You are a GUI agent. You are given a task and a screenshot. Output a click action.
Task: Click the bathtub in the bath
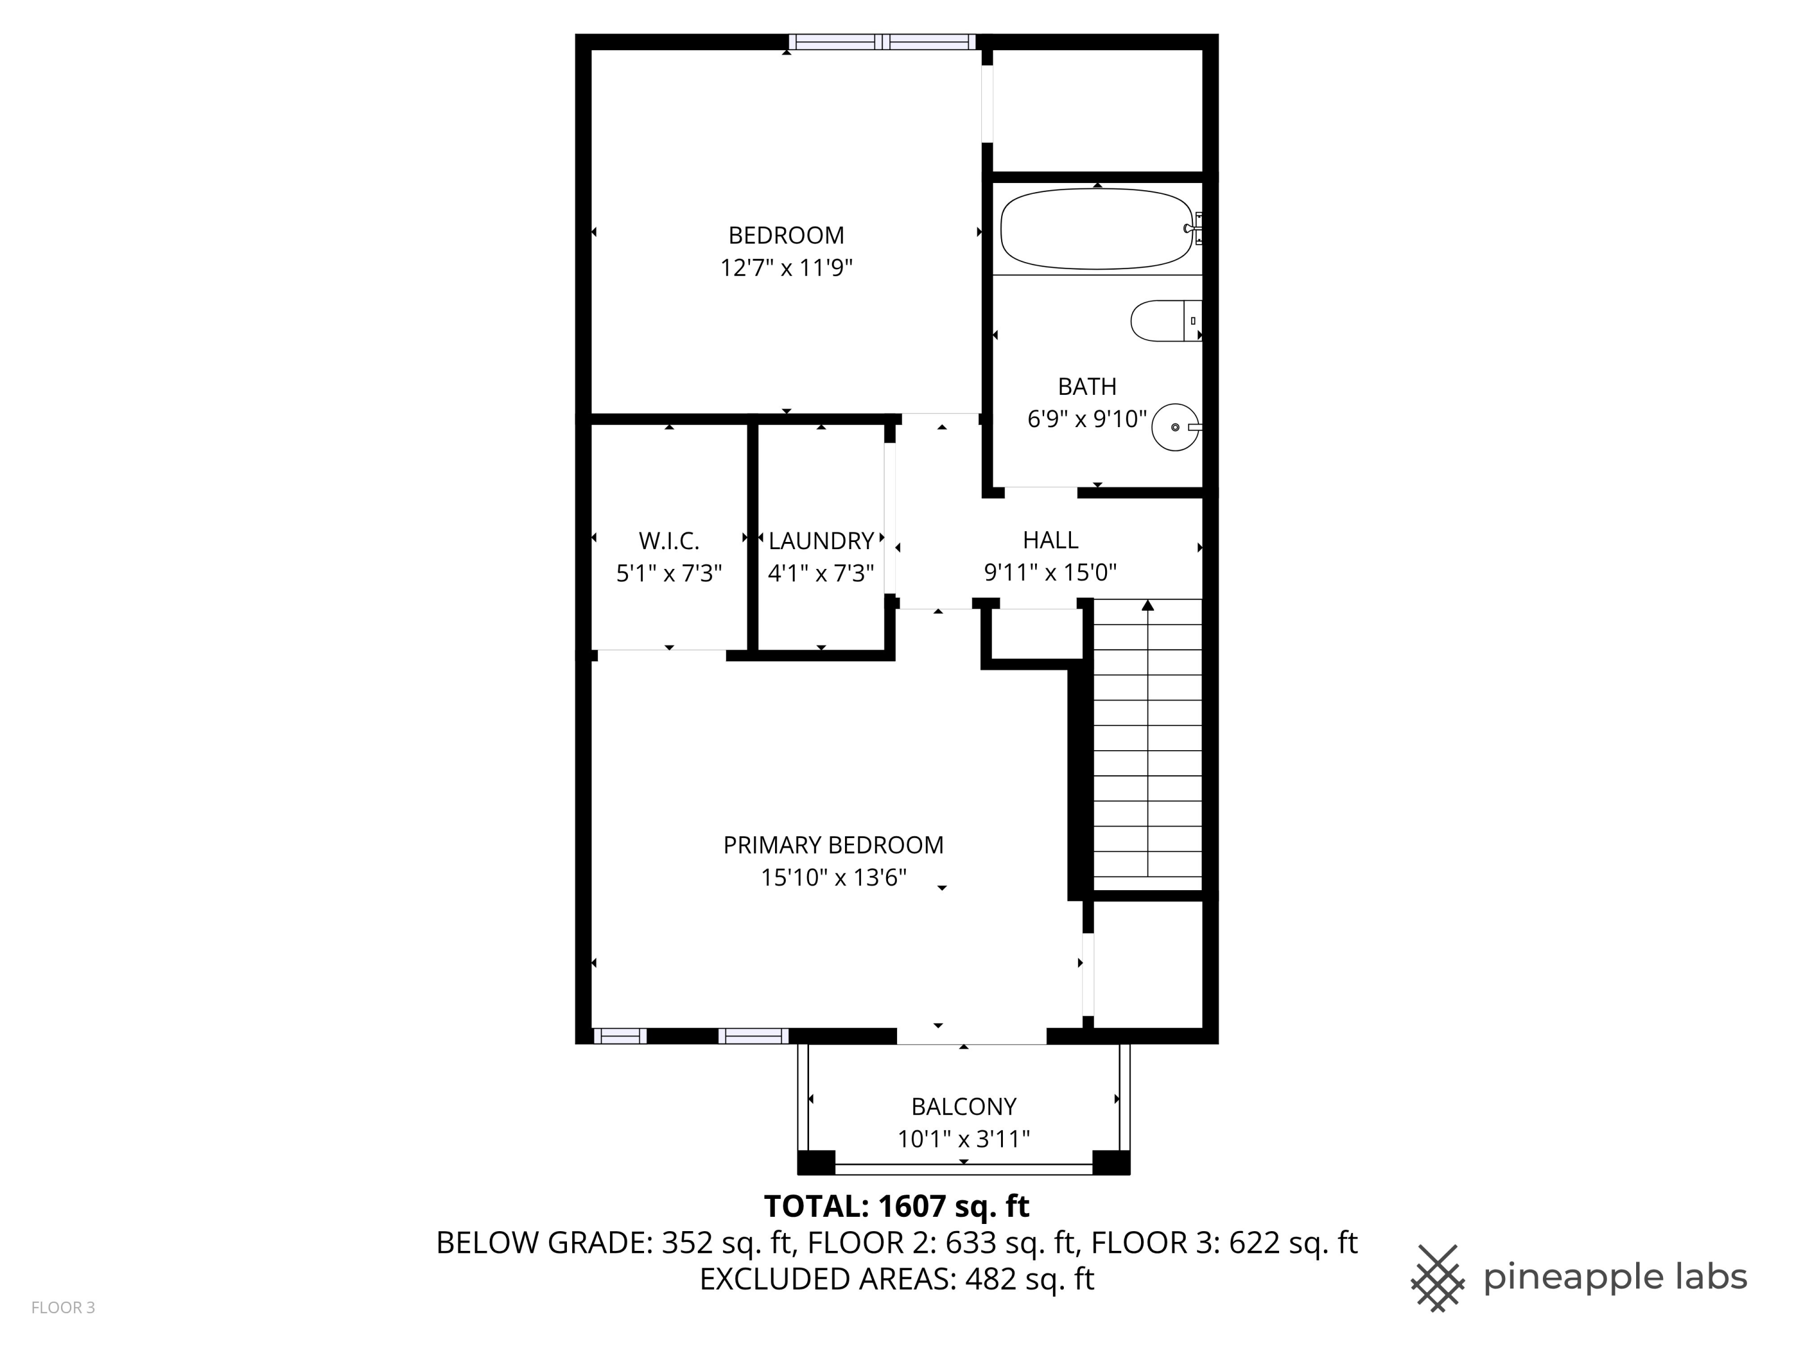coord(1095,229)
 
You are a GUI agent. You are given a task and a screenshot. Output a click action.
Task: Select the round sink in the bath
coord(1175,427)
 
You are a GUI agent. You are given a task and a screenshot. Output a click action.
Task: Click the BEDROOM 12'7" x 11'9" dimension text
coord(786,268)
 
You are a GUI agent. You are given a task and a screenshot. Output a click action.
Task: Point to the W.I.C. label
coord(669,540)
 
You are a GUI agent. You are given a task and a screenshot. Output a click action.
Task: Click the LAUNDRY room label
coord(821,540)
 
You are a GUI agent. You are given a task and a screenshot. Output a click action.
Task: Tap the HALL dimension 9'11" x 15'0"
coord(1049,573)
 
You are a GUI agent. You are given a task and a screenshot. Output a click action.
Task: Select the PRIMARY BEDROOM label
coord(833,845)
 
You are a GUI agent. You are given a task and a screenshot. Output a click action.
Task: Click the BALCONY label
coord(963,1107)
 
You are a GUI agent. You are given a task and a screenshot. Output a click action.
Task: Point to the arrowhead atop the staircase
coord(1148,605)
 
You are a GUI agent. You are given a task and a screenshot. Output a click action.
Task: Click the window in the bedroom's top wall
coord(883,42)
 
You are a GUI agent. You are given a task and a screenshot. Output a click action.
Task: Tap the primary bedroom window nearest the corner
coord(620,1036)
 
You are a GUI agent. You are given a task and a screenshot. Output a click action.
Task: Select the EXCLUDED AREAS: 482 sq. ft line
coord(896,1278)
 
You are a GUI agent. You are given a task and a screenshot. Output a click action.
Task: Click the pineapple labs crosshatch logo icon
coord(1437,1278)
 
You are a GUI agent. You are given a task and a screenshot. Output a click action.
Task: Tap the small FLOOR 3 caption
coord(63,1307)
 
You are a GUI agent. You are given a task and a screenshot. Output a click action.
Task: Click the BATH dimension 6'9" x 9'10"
coord(1087,419)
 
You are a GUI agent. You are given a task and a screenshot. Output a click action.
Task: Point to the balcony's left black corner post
coord(816,1162)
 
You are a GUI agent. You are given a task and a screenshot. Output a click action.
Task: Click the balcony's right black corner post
coord(1111,1162)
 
